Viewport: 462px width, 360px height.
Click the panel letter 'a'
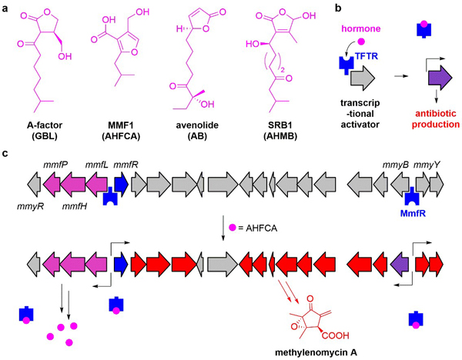click(6, 6)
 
